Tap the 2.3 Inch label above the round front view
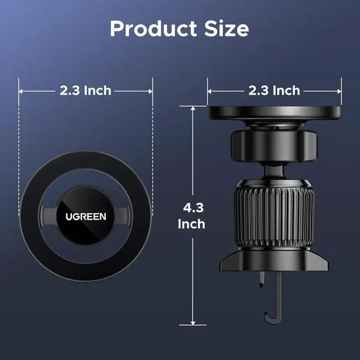click(x=85, y=90)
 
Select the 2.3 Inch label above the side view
click(x=274, y=90)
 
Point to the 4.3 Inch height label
click(x=191, y=216)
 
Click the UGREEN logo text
click(x=85, y=217)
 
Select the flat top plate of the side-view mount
click(x=274, y=112)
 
